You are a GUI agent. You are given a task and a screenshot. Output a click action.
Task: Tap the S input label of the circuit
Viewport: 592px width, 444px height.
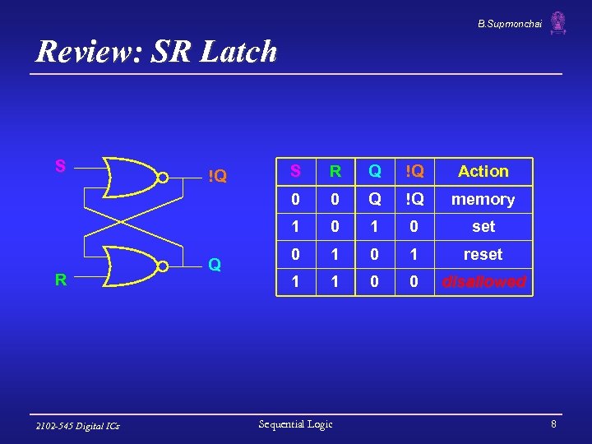click(60, 166)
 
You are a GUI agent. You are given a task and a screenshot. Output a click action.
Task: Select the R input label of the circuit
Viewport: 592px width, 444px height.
click(60, 280)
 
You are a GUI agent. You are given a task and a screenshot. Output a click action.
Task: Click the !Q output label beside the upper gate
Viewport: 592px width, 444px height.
click(217, 175)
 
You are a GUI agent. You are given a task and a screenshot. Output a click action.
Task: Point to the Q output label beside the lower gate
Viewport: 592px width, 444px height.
click(214, 265)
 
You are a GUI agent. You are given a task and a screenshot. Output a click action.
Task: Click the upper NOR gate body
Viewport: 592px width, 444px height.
click(132, 176)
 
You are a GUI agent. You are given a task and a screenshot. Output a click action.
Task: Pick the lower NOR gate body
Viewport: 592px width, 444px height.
click(132, 266)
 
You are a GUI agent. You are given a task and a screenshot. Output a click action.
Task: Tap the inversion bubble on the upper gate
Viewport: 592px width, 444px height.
click(163, 176)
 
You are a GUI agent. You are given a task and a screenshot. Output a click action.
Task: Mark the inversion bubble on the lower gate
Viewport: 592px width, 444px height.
click(163, 266)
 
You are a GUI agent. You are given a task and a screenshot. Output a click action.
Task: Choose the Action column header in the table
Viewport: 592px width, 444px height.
click(483, 171)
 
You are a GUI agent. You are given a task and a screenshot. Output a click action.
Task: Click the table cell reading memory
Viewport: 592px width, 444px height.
click(483, 199)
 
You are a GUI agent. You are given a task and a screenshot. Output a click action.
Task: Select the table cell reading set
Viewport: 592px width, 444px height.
click(483, 226)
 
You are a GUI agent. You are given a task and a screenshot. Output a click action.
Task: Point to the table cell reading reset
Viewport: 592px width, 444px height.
click(483, 254)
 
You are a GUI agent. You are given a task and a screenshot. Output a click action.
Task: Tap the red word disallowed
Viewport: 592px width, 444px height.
click(483, 281)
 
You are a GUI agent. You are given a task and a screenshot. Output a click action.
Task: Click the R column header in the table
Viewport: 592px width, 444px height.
click(335, 171)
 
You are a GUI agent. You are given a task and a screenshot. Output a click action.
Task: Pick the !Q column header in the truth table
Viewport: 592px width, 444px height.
click(414, 171)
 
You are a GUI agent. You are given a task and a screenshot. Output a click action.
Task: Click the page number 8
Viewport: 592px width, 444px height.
click(553, 424)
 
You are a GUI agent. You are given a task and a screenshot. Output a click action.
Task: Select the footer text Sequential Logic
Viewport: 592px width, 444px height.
click(295, 424)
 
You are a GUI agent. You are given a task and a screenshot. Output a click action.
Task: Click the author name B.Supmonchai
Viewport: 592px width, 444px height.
click(510, 22)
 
